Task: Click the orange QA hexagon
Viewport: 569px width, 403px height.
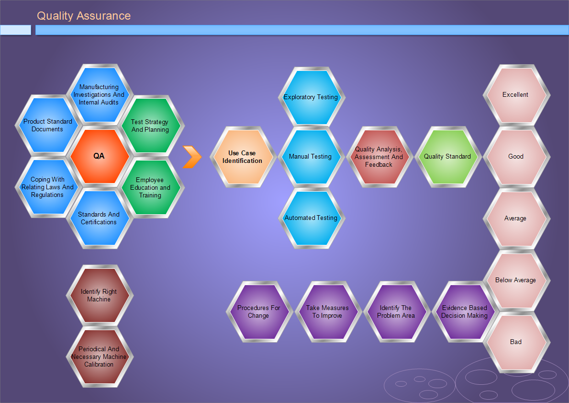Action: coord(99,156)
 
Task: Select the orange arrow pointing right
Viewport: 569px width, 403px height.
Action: coord(192,157)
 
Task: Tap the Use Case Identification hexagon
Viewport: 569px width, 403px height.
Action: coord(243,157)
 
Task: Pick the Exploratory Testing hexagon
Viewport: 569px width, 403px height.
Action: coord(311,97)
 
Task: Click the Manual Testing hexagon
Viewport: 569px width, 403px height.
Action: coord(311,157)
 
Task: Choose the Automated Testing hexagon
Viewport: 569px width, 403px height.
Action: coord(311,218)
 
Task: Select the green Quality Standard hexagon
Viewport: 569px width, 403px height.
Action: coord(447,157)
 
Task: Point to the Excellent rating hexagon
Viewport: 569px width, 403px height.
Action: coord(516,95)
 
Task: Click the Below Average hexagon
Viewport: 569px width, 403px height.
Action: coord(516,280)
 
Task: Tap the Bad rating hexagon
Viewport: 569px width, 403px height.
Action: coord(516,342)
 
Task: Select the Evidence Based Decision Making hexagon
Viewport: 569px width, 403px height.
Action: coord(465,312)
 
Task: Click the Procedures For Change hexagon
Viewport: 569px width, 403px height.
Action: coord(259,312)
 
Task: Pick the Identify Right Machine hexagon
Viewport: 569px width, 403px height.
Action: coord(99,296)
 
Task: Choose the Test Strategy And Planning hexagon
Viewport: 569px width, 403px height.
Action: coord(150,126)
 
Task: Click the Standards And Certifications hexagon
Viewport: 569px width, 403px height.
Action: coord(99,218)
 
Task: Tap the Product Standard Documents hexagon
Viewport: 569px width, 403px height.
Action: coord(47,126)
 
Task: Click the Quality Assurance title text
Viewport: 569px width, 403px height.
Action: coord(84,16)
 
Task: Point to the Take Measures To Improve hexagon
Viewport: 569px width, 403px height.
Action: coord(327,312)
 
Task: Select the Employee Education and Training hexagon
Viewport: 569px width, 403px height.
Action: coord(150,187)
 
